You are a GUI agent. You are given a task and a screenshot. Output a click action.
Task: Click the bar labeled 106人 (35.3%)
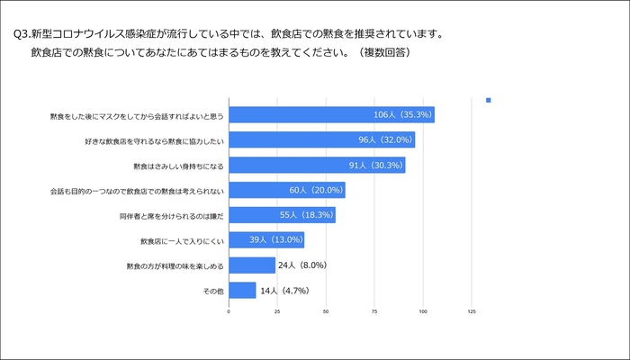click(x=331, y=114)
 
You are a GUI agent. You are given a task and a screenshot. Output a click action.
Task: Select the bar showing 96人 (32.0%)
click(x=321, y=139)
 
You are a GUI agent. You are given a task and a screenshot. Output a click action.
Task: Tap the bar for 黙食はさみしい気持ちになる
click(x=317, y=165)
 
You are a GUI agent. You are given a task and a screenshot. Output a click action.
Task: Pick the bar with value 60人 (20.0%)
click(x=287, y=190)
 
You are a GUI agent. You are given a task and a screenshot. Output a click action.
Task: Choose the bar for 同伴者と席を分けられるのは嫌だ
click(x=282, y=215)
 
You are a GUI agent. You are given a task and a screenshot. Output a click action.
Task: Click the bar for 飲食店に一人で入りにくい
click(x=266, y=239)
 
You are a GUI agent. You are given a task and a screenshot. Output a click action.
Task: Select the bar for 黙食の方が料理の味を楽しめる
click(x=252, y=265)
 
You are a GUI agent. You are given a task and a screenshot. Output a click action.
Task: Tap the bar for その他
click(x=242, y=290)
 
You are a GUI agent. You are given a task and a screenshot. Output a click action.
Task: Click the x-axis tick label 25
click(x=277, y=311)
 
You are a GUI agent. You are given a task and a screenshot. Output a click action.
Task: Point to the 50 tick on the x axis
click(x=326, y=311)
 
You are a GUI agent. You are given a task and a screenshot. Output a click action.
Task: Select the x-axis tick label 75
click(x=374, y=311)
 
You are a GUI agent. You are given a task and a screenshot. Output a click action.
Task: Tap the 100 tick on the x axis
click(x=423, y=311)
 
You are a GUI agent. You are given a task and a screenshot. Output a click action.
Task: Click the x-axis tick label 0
click(x=229, y=311)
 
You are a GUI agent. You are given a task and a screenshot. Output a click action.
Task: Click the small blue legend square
click(x=488, y=100)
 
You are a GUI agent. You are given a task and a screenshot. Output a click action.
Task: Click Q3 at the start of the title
click(x=21, y=35)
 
